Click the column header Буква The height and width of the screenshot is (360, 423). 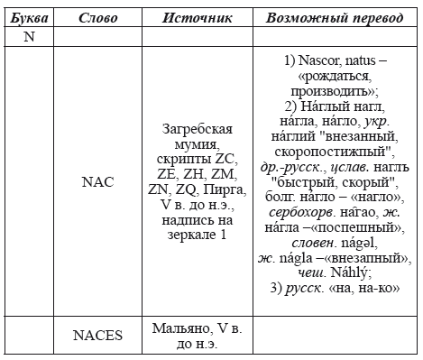click(27, 18)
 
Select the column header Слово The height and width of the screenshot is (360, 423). click(97, 18)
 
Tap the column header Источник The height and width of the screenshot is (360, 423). click(198, 18)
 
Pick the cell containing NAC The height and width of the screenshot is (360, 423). click(97, 181)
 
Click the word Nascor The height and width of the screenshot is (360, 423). click(311, 59)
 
